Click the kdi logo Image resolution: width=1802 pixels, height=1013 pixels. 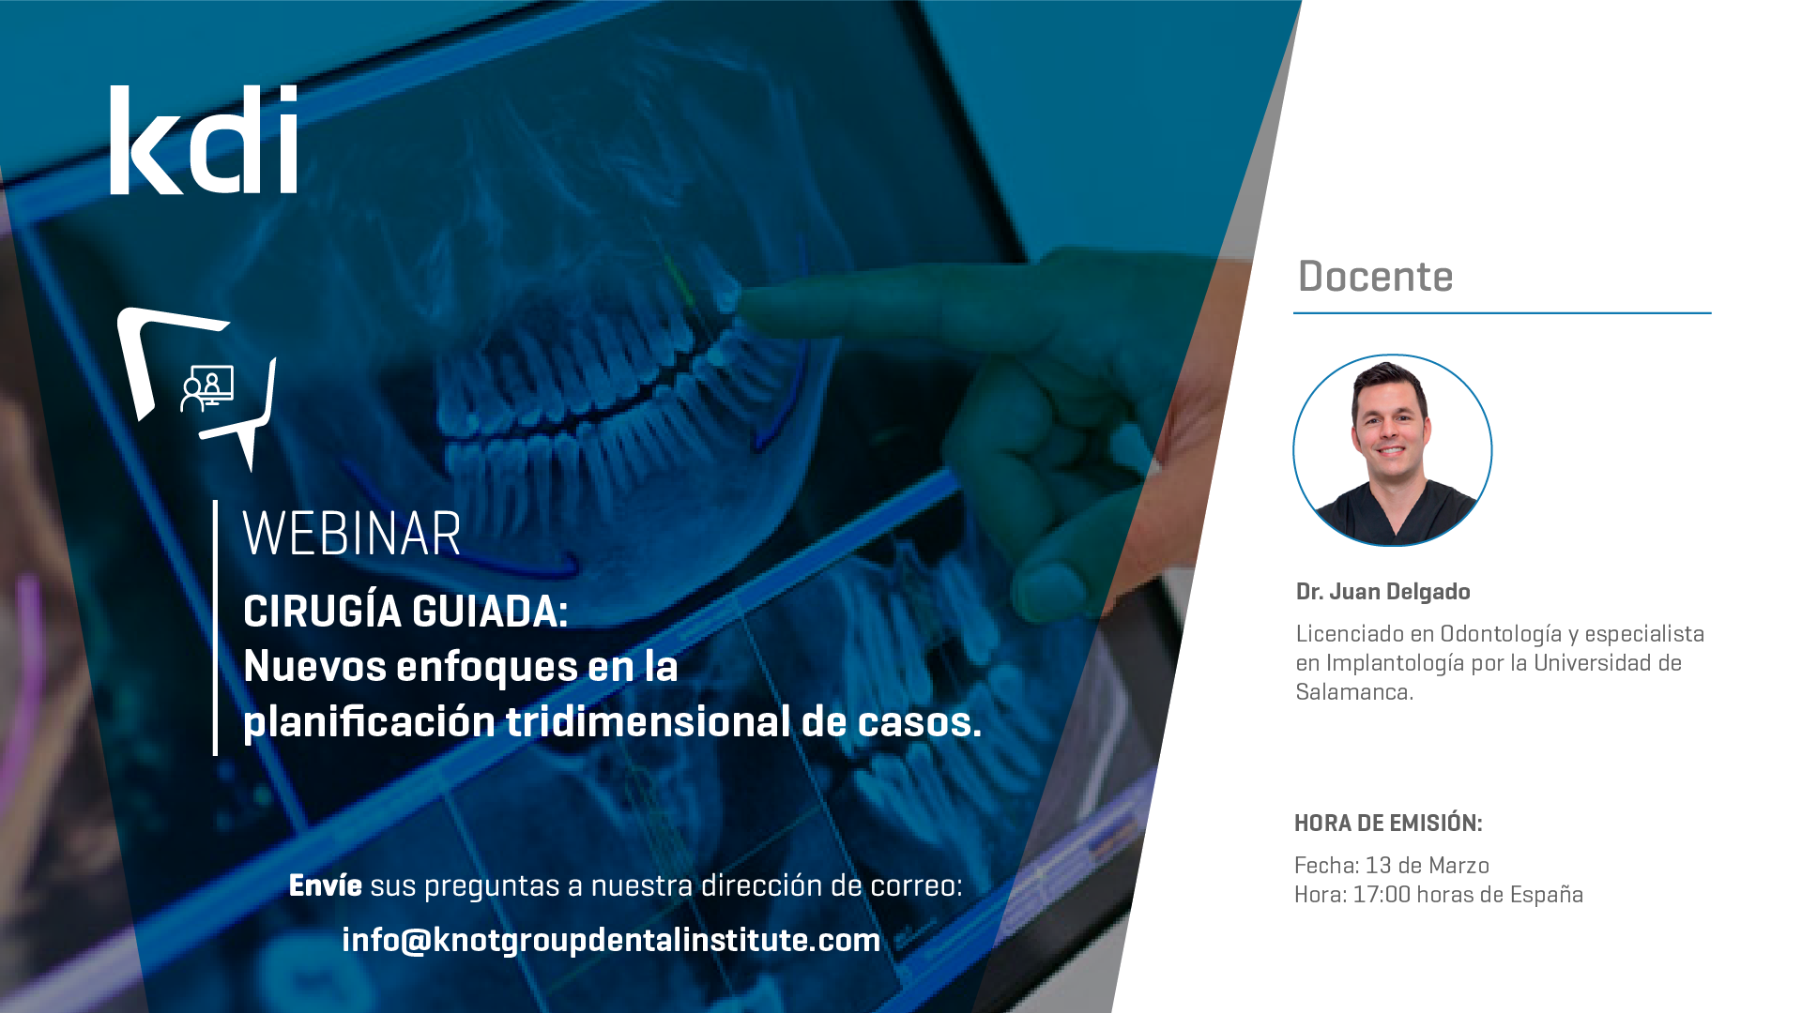coord(204,140)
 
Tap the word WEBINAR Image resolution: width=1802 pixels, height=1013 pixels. coord(352,534)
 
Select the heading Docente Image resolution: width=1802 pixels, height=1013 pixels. coord(1375,276)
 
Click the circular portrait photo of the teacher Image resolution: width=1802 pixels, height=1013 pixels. coord(1393,450)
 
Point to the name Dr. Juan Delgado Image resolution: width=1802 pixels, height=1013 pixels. coord(1382,592)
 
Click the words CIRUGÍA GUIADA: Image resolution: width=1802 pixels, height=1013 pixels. coord(405,612)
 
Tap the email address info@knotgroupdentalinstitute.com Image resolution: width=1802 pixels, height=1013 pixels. coord(611,940)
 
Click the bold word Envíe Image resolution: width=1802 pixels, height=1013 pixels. coord(325,885)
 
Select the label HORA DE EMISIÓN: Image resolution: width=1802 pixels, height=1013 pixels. coord(1388,824)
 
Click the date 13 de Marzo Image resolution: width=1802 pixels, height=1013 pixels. coord(1428,866)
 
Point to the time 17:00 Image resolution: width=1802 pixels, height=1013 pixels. coord(1382,895)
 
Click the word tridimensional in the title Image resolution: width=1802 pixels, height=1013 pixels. coord(649,721)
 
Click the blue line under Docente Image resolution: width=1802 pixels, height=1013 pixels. coord(1503,313)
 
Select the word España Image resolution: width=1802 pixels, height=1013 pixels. coord(1546,895)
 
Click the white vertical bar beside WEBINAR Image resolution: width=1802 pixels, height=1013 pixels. coord(215,627)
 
